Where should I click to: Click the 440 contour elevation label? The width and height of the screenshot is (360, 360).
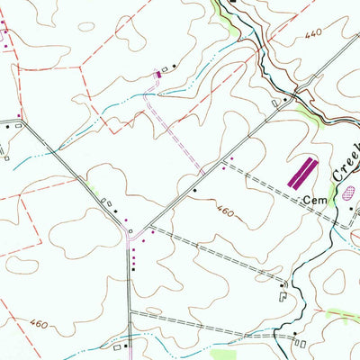pyautogui.click(x=312, y=33)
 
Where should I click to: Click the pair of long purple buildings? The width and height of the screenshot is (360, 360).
pyautogui.click(x=302, y=172)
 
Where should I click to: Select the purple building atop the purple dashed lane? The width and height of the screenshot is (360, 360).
pyautogui.click(x=160, y=73)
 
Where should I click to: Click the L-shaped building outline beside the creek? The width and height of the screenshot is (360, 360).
pyautogui.click(x=285, y=290)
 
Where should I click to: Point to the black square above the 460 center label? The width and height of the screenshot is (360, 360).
pyautogui.click(x=193, y=191)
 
